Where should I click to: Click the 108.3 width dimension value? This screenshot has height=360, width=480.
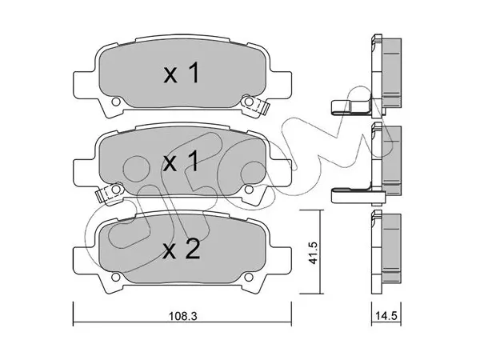pyautogui.click(x=183, y=316)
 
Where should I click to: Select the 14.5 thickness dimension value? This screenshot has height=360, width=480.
pyautogui.click(x=387, y=316)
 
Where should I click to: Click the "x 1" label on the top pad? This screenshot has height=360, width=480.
pyautogui.click(x=182, y=74)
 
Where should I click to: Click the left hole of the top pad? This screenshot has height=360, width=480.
pyautogui.click(x=116, y=102)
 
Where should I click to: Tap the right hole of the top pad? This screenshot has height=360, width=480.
pyautogui.click(x=249, y=102)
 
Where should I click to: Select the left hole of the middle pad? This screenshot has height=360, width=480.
pyautogui.click(x=116, y=189)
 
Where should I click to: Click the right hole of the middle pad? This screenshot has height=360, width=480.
pyautogui.click(x=249, y=189)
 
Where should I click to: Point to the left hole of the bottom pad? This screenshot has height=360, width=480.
pyautogui.click(x=116, y=277)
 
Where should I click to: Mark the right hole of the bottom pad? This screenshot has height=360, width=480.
pyautogui.click(x=249, y=277)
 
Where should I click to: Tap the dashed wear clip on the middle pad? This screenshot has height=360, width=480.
pyautogui.click(x=110, y=193)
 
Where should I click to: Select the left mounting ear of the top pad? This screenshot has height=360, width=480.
pyautogui.click(x=82, y=85)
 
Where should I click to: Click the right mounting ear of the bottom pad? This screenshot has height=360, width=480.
pyautogui.click(x=282, y=261)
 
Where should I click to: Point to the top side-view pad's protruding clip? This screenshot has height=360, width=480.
pyautogui.click(x=352, y=107)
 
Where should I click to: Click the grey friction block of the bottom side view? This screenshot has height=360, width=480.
pyautogui.click(x=392, y=248)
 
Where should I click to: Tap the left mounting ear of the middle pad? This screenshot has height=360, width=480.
pyautogui.click(x=82, y=173)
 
